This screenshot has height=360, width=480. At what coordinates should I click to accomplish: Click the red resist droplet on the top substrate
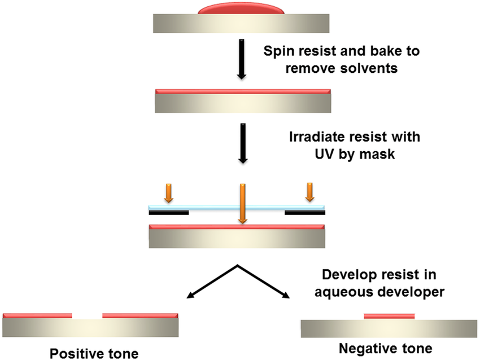241,8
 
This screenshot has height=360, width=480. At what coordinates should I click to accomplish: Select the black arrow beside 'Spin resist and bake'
242,59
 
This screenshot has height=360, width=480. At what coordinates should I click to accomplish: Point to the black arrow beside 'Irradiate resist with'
243,143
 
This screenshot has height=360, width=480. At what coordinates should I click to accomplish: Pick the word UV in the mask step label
324,154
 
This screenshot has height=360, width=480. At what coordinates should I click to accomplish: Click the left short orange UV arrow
169,193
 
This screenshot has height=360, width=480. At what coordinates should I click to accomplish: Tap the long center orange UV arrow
242,204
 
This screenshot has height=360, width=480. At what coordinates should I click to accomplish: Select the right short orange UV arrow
310,192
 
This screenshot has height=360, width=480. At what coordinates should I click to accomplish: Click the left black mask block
169,212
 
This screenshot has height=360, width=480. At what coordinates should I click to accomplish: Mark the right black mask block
305,212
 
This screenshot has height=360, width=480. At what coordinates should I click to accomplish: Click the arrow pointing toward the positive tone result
212,281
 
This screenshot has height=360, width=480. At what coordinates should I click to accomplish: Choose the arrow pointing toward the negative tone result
263,281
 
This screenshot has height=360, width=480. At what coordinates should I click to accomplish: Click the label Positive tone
94,354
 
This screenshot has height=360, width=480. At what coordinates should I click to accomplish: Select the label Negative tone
385,348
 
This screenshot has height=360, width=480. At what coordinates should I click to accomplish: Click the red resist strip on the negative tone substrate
389,316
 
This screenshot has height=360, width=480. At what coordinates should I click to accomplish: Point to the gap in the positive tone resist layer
87,315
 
